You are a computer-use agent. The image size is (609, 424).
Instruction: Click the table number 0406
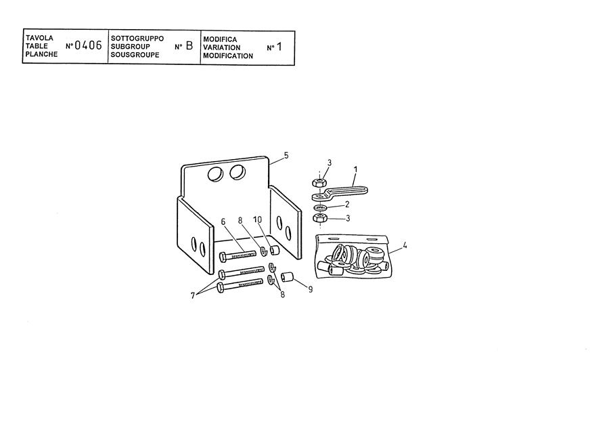tap(88, 45)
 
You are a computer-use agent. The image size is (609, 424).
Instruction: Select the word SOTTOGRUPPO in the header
tap(137, 38)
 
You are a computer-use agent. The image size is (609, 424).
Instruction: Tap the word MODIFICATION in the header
tap(228, 56)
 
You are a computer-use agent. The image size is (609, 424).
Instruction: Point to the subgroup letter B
tap(189, 46)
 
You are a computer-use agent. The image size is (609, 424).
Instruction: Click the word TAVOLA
tap(39, 38)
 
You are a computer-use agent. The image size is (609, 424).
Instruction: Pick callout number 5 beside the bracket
tap(286, 156)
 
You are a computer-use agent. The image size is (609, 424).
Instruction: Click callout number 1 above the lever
tap(355, 169)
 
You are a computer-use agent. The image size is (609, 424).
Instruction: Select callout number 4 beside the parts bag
tap(405, 245)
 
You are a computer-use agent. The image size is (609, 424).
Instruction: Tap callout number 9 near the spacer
tap(311, 289)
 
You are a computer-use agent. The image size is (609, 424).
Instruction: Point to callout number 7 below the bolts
tap(193, 296)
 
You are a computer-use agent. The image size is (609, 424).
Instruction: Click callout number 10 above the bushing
tap(258, 220)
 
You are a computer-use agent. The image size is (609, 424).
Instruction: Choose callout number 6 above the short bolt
tap(223, 221)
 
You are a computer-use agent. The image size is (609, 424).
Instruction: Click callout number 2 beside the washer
tap(347, 204)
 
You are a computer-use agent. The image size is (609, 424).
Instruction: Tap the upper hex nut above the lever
tap(319, 182)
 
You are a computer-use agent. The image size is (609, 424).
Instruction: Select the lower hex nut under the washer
tap(319, 217)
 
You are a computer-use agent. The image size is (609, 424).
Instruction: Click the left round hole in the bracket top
tap(216, 173)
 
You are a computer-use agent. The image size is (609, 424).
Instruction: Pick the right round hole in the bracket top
tap(238, 171)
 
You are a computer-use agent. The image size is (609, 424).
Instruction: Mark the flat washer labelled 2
tap(319, 207)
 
